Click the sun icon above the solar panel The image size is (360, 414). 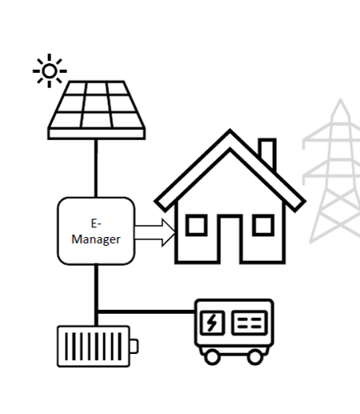(x=50, y=71)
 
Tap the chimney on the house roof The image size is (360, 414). (x=267, y=153)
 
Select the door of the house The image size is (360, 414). (x=230, y=239)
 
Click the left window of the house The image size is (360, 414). (x=197, y=225)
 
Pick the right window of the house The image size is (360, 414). (x=263, y=225)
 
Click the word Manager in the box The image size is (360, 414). (x=96, y=239)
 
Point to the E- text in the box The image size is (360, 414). (x=96, y=223)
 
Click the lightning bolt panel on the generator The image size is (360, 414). (x=212, y=323)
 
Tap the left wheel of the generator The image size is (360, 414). (x=212, y=357)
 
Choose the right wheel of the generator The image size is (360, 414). (x=255, y=357)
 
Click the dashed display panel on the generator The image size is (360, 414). (x=250, y=323)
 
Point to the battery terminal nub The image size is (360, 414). (x=134, y=346)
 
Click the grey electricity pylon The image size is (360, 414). (x=334, y=171)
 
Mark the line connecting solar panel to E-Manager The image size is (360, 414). (x=96, y=168)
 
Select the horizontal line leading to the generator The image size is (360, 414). (x=146, y=312)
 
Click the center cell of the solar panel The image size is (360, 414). (x=97, y=103)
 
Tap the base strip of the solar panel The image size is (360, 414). (x=97, y=134)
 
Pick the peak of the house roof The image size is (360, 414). (x=230, y=130)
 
